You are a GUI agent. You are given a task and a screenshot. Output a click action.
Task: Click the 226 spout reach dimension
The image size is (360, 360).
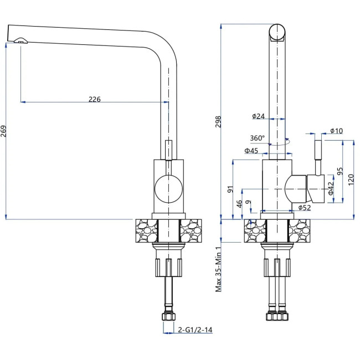[x=95, y=100]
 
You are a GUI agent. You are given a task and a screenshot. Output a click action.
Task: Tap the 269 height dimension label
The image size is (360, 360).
[x=4, y=131]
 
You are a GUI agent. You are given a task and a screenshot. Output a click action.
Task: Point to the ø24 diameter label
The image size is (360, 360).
[x=259, y=116]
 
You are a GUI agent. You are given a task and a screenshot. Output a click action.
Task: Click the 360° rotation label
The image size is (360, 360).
[x=258, y=138]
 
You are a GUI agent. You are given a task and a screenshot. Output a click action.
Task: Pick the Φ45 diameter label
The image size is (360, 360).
[x=251, y=151]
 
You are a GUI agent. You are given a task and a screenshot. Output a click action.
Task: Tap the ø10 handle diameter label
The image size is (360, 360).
[x=336, y=131]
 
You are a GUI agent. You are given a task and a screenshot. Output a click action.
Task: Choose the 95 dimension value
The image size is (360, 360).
[x=340, y=172]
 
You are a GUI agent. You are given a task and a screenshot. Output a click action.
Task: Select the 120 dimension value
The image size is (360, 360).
[x=351, y=178]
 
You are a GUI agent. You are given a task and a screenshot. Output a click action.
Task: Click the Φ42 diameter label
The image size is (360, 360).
[x=331, y=188]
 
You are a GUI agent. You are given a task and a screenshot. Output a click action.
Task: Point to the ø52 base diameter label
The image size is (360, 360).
[x=304, y=208]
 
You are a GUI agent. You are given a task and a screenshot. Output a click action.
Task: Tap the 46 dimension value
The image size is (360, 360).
[x=240, y=204]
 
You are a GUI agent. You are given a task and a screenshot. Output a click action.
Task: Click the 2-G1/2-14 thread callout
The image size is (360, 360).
[x=196, y=331]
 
